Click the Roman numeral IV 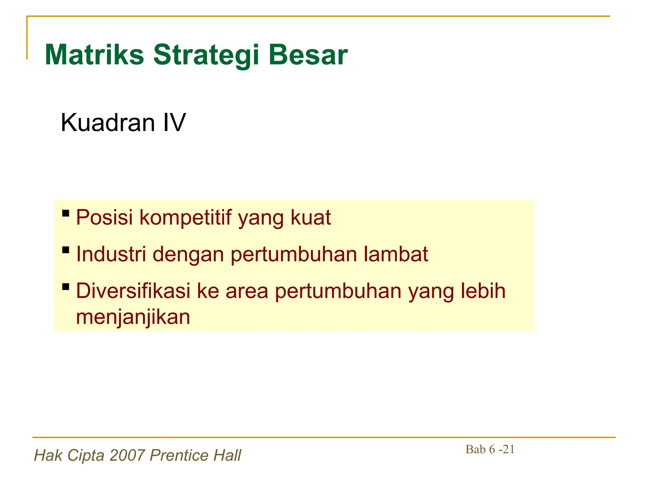(174, 123)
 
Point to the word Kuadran (108, 123)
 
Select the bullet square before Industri (66, 250)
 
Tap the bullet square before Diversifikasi (66, 287)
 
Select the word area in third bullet (247, 291)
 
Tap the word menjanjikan (133, 317)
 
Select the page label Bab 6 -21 (490, 449)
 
